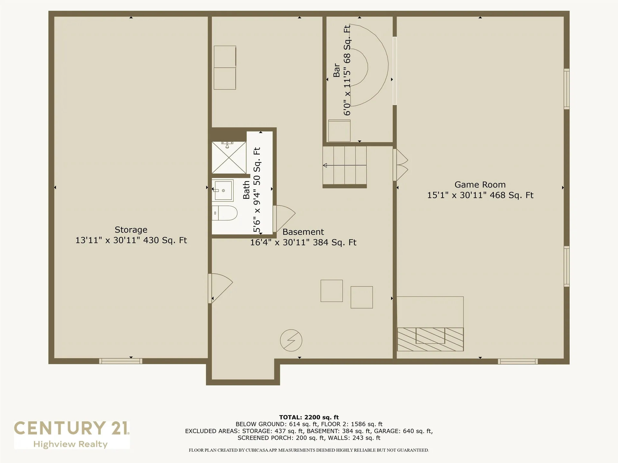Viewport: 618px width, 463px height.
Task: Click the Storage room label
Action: pyautogui.click(x=131, y=230)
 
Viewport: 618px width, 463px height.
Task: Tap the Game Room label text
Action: pyautogui.click(x=480, y=185)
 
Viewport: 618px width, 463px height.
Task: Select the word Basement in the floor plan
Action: pyautogui.click(x=303, y=232)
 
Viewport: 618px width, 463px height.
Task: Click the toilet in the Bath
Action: pyautogui.click(x=225, y=213)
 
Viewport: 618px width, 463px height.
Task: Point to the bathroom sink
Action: pyautogui.click(x=223, y=190)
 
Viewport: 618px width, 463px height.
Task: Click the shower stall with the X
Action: pyautogui.click(x=229, y=158)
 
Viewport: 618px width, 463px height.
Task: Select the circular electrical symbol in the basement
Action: pyautogui.click(x=291, y=340)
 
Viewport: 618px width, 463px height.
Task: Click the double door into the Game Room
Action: pyautogui.click(x=400, y=165)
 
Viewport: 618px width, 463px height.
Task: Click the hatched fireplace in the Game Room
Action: pyautogui.click(x=430, y=339)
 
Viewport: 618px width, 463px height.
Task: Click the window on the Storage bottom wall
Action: pyautogui.click(x=121, y=361)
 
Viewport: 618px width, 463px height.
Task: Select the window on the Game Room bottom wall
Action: pyautogui.click(x=518, y=361)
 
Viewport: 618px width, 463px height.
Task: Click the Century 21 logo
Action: pyautogui.click(x=71, y=428)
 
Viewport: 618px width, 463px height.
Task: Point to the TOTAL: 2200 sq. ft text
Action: pyautogui.click(x=309, y=417)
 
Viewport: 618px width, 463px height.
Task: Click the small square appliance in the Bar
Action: pyautogui.click(x=339, y=131)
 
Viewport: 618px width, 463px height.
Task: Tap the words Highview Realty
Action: pyautogui.click(x=70, y=444)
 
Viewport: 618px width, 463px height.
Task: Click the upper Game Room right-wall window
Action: pyautogui.click(x=566, y=89)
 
